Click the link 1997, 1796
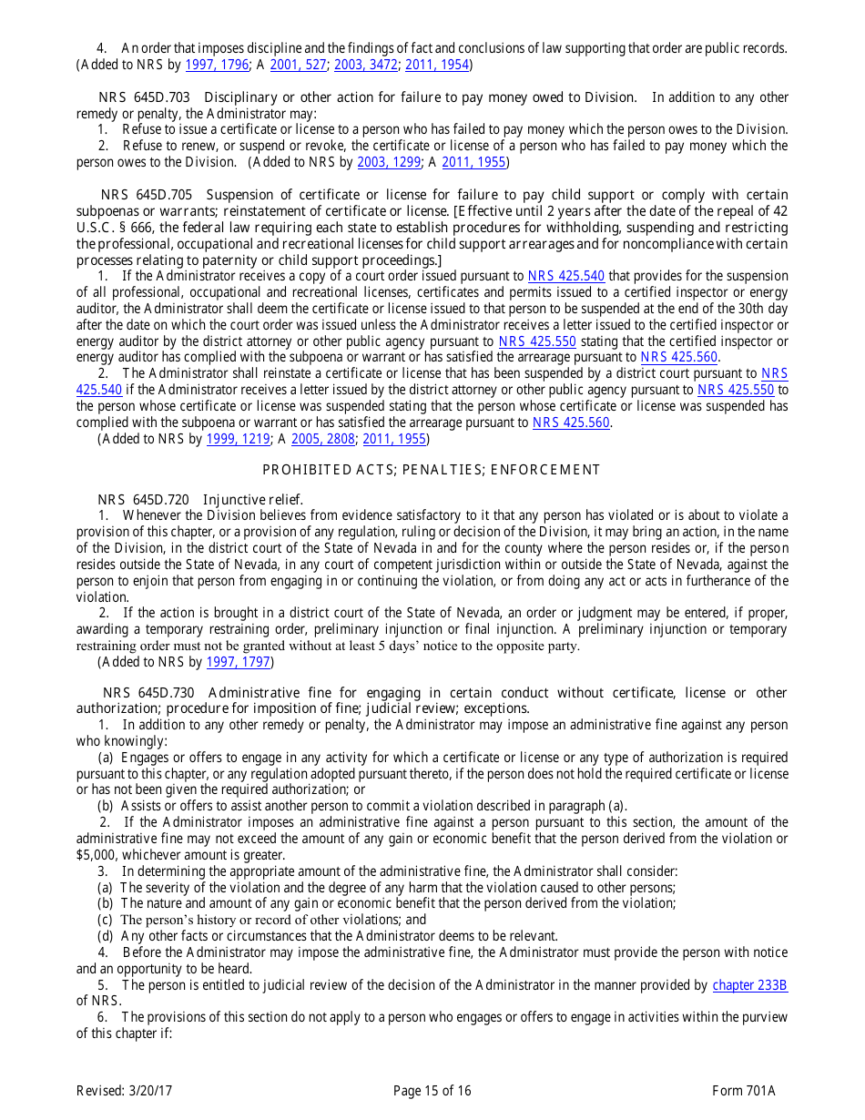[217, 65]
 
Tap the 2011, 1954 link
[435, 65]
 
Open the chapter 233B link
[749, 985]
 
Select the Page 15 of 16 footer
[432, 1091]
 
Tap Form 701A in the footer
[744, 1091]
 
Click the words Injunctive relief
[253, 499]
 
